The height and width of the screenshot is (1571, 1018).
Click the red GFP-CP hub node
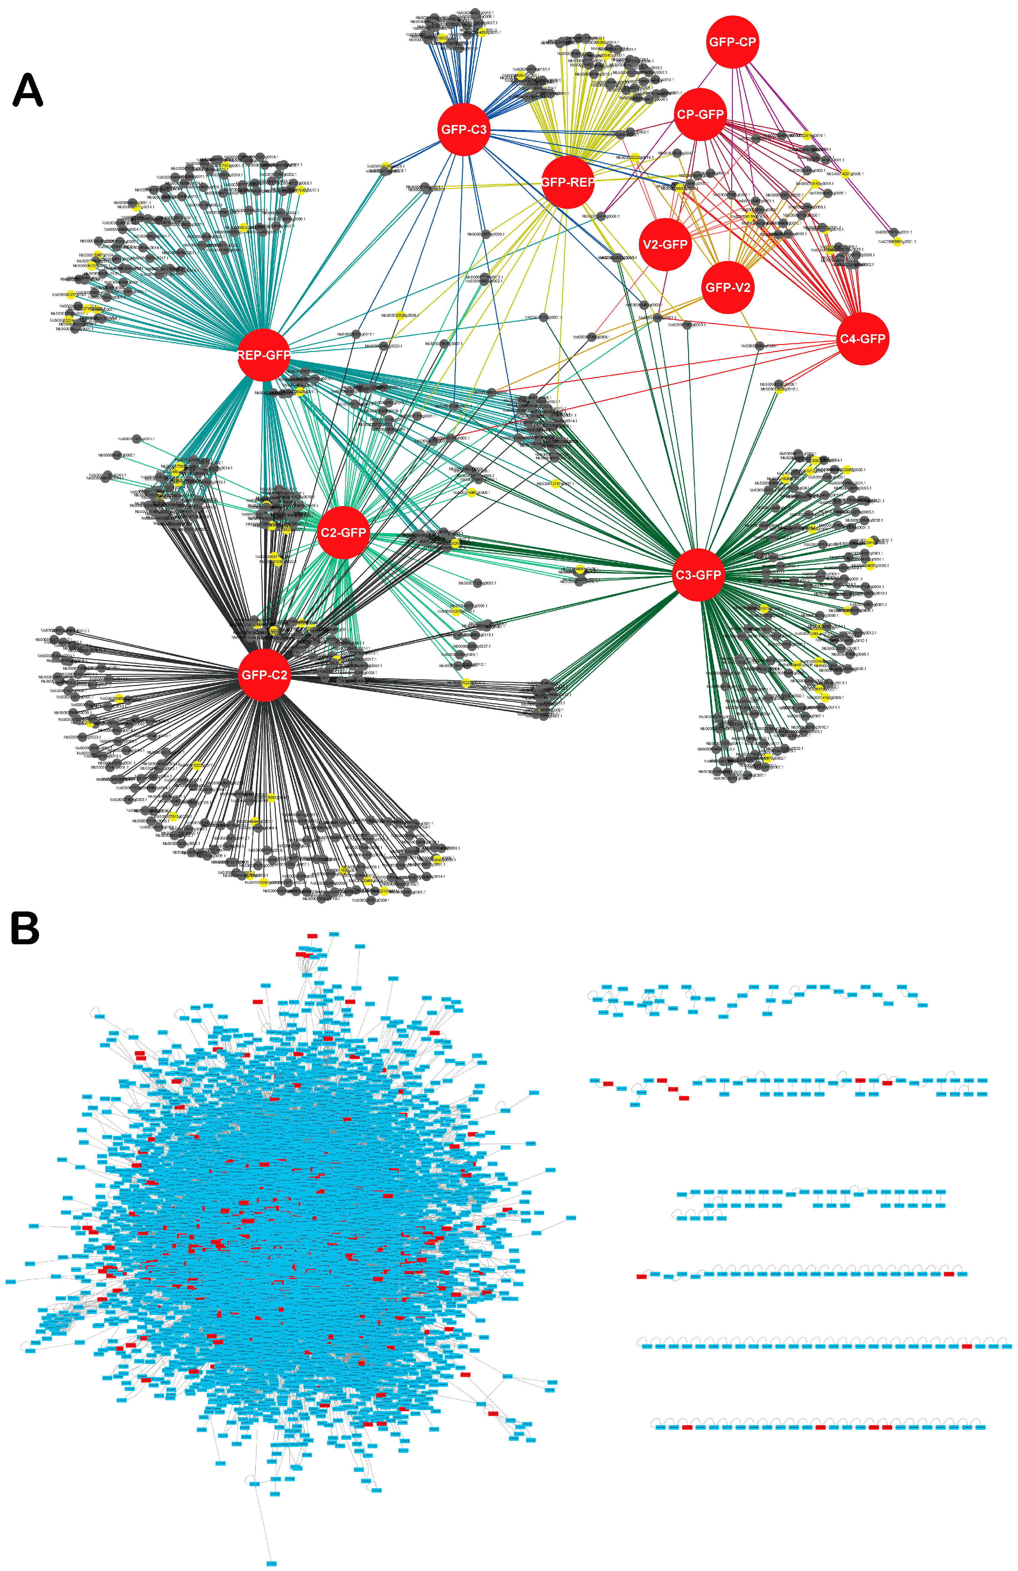[732, 42]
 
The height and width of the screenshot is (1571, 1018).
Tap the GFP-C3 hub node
[464, 129]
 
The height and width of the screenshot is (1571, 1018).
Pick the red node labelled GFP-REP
[567, 182]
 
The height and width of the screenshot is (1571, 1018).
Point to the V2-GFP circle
[665, 244]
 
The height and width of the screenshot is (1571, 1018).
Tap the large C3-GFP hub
[698, 575]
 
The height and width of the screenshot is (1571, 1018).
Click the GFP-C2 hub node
[264, 675]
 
